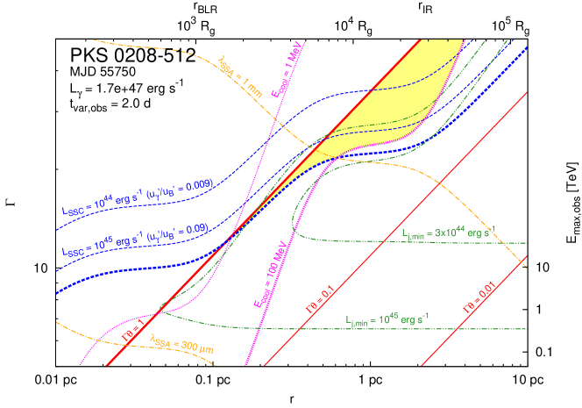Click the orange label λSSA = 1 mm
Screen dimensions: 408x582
[239, 72]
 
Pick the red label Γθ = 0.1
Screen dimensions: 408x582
[321, 301]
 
